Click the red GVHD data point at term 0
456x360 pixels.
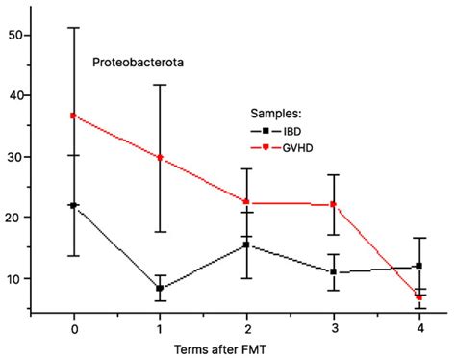click(74, 116)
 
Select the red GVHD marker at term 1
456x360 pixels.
click(160, 157)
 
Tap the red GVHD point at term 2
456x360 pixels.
click(246, 202)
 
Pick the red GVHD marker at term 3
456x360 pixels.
click(333, 204)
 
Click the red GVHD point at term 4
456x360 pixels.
click(418, 297)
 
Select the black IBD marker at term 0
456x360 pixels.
click(74, 205)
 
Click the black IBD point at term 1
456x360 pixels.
click(160, 288)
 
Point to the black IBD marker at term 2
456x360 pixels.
click(246, 244)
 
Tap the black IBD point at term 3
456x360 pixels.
click(333, 271)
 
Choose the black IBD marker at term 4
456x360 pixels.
click(418, 266)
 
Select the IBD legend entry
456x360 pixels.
click(291, 129)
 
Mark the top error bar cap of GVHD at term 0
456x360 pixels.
click(74, 27)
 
